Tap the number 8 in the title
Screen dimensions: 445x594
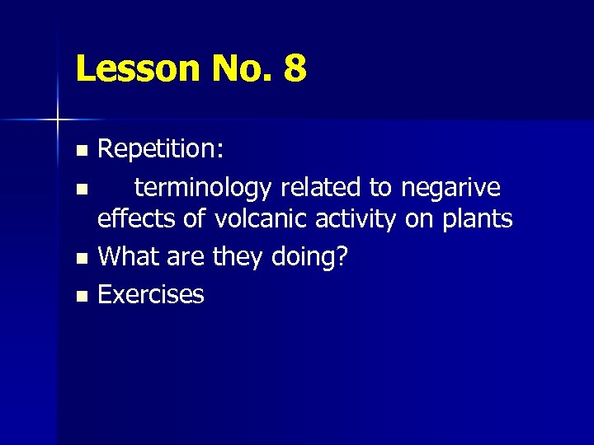click(x=294, y=69)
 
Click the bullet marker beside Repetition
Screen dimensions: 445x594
click(x=80, y=151)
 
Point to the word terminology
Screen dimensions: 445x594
click(x=204, y=188)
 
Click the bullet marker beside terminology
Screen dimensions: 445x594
click(x=80, y=190)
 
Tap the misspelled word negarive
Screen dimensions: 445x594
click(x=450, y=188)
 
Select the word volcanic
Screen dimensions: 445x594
click(x=262, y=220)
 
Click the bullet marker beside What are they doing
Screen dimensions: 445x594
click(x=80, y=259)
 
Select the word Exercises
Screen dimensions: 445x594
click(x=150, y=293)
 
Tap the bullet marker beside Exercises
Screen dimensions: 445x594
click(x=80, y=295)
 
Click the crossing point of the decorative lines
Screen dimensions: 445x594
click(x=58, y=120)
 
